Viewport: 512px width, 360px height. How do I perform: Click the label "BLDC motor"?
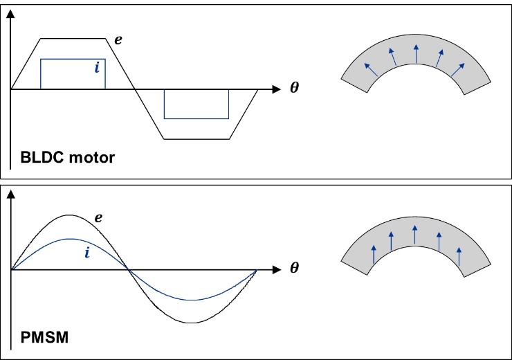point(67,156)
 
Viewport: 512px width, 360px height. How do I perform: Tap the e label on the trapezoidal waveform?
point(118,40)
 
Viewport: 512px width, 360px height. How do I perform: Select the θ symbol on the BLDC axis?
point(295,89)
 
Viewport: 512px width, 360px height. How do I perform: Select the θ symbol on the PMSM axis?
point(295,269)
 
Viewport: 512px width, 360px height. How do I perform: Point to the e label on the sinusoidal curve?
point(99,218)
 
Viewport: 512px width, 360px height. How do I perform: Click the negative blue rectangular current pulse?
point(196,104)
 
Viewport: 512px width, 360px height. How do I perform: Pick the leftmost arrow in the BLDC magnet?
point(369,69)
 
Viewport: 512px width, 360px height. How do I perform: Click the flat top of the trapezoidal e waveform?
point(73,38)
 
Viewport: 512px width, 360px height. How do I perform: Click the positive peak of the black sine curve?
point(69,215)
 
